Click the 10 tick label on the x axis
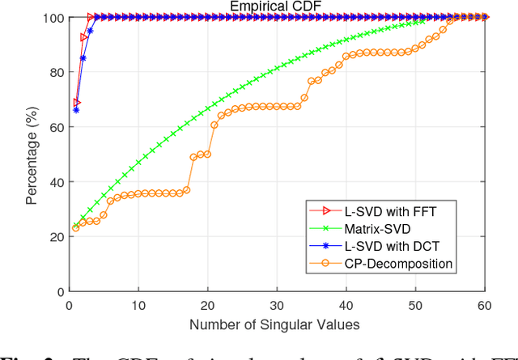pyautogui.click(x=138, y=305)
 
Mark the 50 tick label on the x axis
pyautogui.click(x=415, y=305)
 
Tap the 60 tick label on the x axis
pyautogui.click(x=484, y=305)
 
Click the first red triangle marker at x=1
pyautogui.click(x=77, y=103)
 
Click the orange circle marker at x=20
pyautogui.click(x=207, y=154)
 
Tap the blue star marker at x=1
pyautogui.click(x=76, y=109)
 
